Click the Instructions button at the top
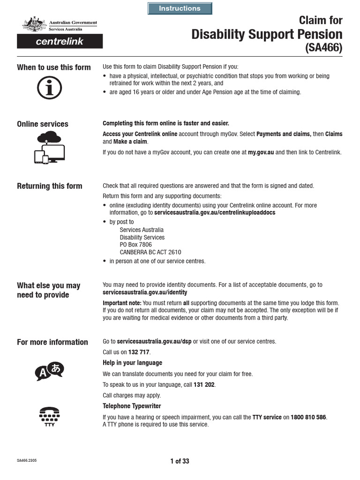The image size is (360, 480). coord(180,8)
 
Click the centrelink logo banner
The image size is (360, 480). coord(60,41)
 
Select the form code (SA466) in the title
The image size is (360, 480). coord(324,48)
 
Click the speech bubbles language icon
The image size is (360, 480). coord(49,371)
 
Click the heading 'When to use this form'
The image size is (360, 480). coord(54,67)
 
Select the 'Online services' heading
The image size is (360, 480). coord(43,124)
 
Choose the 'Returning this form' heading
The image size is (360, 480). coord(50,186)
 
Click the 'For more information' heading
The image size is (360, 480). coord(52,342)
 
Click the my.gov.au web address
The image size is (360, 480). coord(261,152)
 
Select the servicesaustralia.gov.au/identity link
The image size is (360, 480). coord(145,292)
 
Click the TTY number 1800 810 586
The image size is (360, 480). coord(308,417)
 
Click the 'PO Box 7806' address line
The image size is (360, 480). coord(136,244)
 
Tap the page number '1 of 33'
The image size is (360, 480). coord(180,461)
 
